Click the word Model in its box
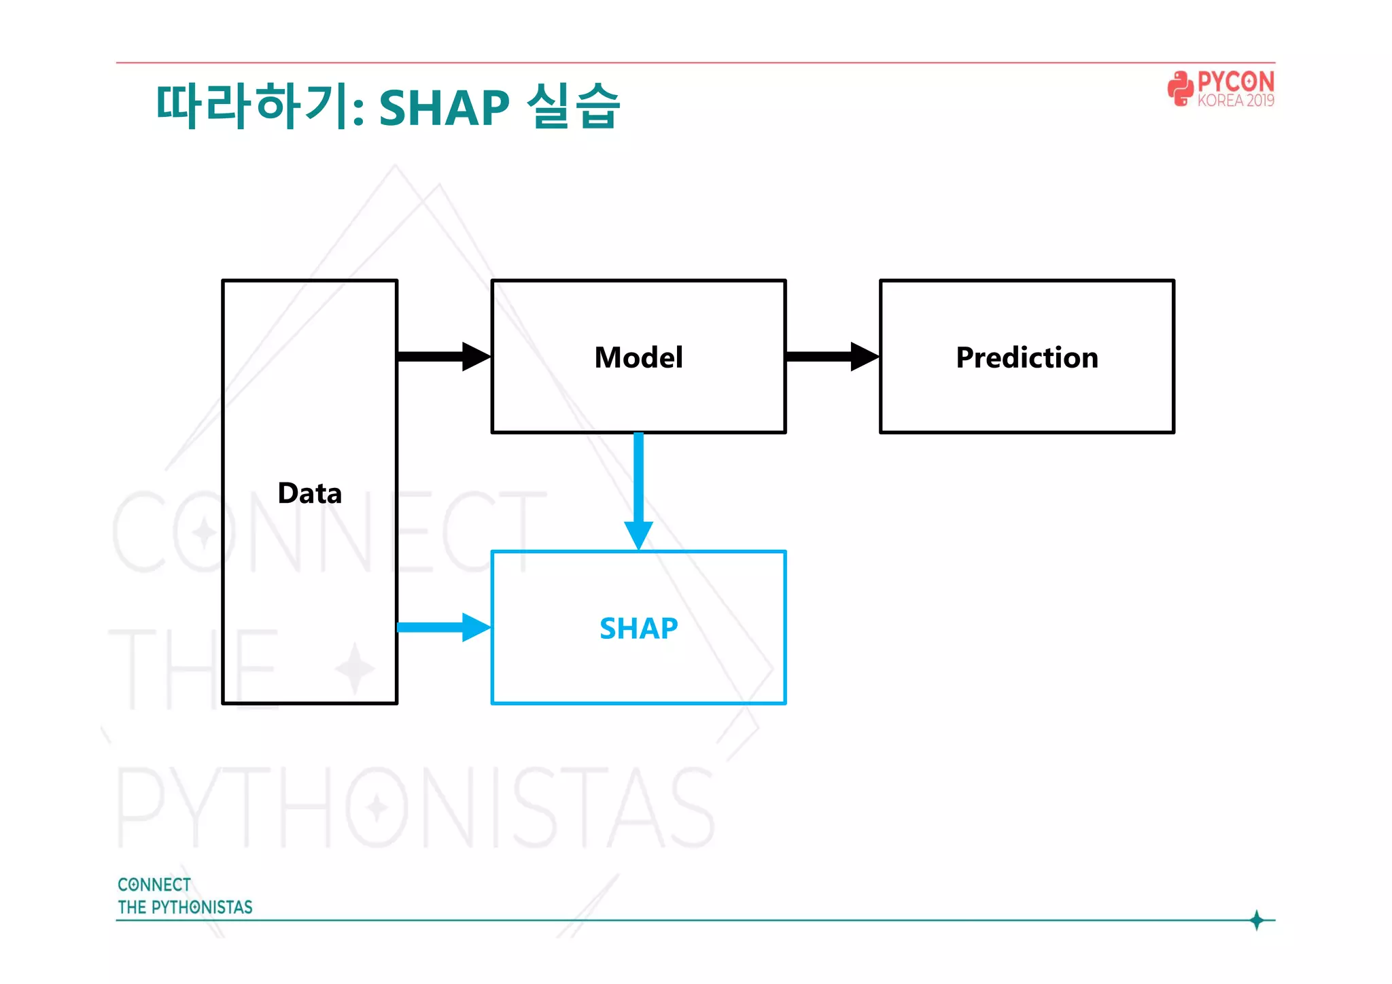tap(638, 357)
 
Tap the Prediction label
tap(1026, 357)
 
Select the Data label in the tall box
tap(310, 493)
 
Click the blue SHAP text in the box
tap(638, 628)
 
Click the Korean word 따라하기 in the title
tap(251, 107)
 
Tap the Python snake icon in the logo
tap(1181, 89)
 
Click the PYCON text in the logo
tap(1236, 82)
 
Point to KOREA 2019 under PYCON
tap(1236, 101)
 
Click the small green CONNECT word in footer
tap(154, 885)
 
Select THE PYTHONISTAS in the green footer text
tap(185, 907)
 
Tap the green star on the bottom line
tap(1257, 920)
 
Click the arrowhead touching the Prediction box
tap(865, 356)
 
